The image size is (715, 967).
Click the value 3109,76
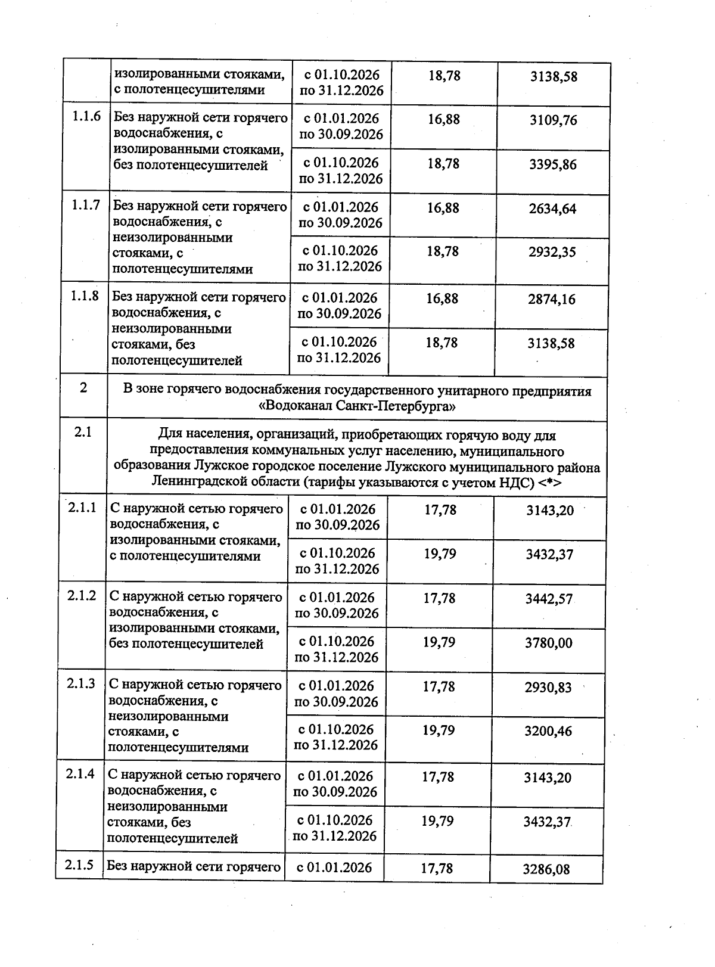tap(554, 120)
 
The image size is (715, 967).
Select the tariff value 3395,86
tap(553, 164)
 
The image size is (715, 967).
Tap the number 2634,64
tap(552, 209)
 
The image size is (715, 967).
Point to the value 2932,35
tap(552, 252)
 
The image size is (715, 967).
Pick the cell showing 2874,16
tap(551, 299)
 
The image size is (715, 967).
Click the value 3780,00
tap(548, 643)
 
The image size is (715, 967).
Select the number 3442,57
tap(548, 599)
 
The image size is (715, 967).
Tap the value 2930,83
tap(548, 688)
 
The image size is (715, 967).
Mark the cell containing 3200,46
tap(548, 731)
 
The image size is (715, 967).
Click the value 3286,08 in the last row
tap(546, 869)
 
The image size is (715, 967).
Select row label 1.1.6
tap(86, 117)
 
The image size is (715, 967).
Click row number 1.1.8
tap(85, 296)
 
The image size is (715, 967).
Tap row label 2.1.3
tap(81, 684)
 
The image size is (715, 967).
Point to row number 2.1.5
tap(80, 865)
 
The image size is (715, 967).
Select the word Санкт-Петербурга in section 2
tap(396, 407)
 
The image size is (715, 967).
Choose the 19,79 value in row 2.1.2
tap(439, 642)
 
